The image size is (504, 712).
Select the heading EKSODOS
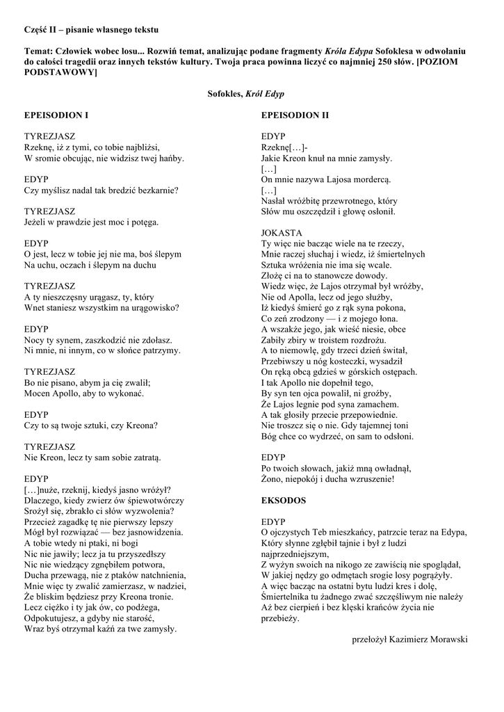(x=284, y=500)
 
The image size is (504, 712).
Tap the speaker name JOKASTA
(x=282, y=232)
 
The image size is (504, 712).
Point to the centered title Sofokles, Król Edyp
(x=245, y=94)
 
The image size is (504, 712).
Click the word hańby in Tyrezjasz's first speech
(x=170, y=158)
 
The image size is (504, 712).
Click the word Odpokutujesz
(x=55, y=617)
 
